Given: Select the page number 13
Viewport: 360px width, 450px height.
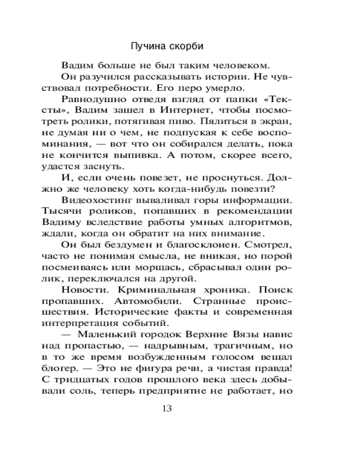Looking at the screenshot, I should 166,409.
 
